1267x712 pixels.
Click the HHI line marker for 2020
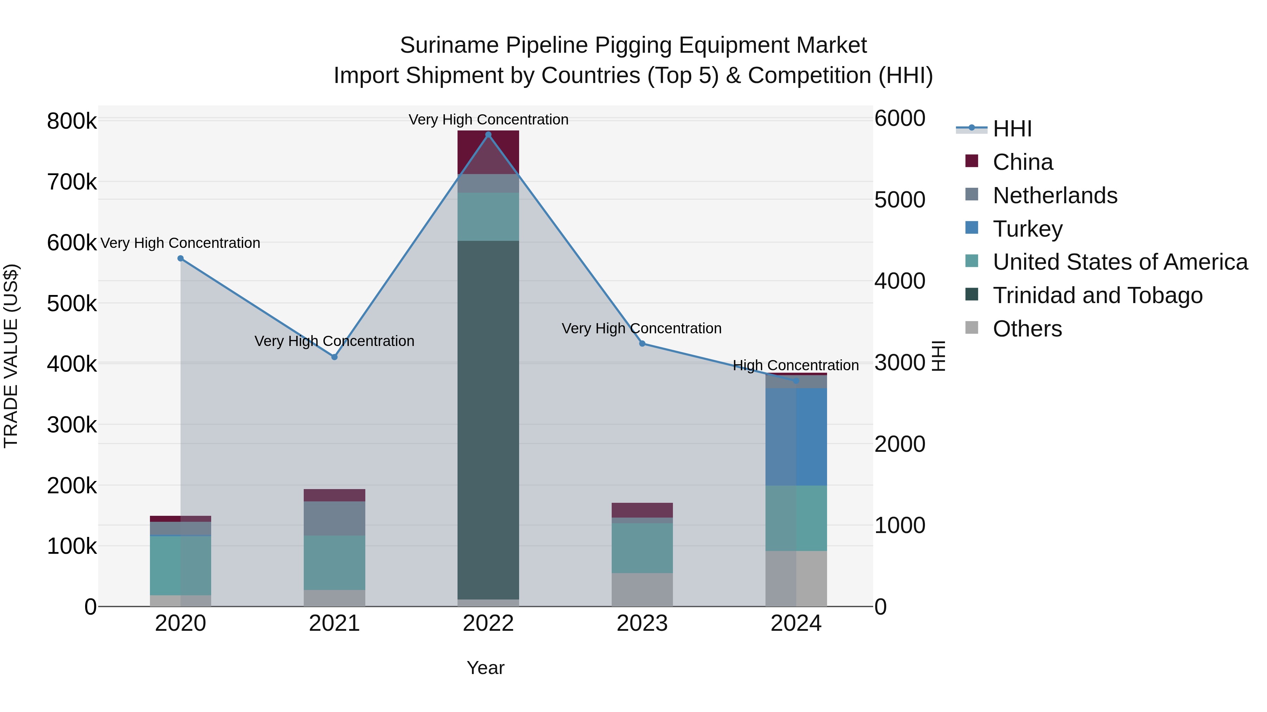181,258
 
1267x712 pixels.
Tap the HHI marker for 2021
334,357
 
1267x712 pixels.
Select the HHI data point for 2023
642,344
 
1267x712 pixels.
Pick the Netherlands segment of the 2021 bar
334,518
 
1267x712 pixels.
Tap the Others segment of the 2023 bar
642,590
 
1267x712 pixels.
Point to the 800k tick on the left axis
72,121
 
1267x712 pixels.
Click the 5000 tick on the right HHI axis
900,200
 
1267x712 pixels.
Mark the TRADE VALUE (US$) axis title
11,356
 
